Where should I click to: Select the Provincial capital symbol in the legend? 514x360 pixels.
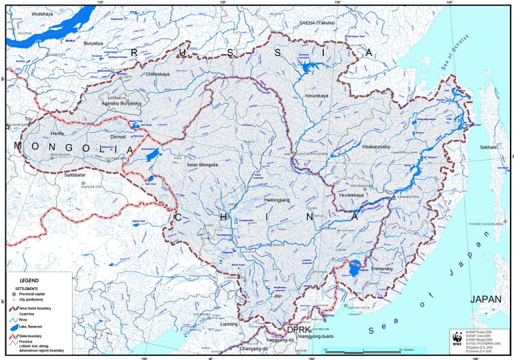coord(13,294)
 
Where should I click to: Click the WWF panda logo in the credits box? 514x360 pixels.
coord(457,339)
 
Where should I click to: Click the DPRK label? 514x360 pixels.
coord(299,330)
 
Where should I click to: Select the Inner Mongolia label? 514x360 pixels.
coord(203,165)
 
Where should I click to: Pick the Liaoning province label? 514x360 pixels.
coord(228,323)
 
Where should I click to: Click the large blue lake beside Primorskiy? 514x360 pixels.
coord(355,267)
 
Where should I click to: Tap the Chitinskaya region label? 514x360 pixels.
coord(158,73)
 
